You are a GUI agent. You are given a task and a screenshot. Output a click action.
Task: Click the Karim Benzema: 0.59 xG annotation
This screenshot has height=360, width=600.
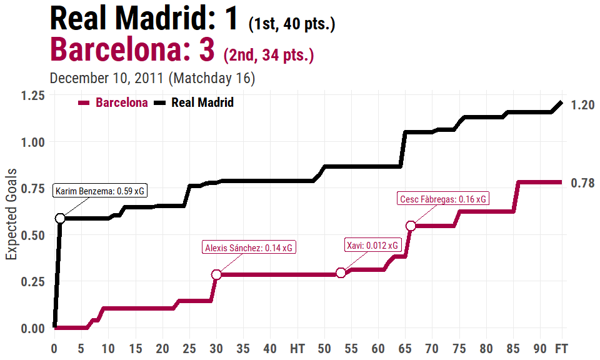101,191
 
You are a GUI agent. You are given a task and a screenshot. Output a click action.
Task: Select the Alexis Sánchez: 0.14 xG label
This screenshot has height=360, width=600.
249,247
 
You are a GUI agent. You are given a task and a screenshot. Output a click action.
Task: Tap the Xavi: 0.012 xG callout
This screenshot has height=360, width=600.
372,245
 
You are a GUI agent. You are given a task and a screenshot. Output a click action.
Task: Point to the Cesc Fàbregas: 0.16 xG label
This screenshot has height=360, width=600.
442,199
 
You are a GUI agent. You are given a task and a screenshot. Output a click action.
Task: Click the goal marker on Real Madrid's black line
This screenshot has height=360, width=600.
60,218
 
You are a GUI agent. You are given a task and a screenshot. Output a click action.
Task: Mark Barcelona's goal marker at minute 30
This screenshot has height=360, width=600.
216,274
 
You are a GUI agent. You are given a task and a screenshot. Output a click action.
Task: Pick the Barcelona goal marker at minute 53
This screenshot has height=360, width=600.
341,272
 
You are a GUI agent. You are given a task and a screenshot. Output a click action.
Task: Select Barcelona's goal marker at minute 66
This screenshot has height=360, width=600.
411,226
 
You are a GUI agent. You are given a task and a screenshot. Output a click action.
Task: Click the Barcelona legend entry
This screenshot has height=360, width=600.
113,103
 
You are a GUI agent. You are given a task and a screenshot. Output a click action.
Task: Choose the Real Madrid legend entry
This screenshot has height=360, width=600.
194,103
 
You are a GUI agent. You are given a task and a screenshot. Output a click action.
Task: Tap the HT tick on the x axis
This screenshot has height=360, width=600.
297,347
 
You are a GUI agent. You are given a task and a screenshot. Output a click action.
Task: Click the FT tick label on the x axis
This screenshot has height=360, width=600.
562,347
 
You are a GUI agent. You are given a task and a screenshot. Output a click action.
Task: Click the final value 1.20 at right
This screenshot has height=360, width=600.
582,105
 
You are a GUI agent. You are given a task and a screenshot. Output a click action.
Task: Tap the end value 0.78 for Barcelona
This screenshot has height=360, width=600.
582,183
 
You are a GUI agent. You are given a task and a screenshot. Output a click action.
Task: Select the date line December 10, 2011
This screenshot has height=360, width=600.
152,79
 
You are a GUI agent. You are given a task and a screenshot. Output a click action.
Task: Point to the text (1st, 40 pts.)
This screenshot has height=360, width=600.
292,25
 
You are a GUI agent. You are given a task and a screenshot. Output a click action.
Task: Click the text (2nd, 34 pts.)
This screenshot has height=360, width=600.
268,55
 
